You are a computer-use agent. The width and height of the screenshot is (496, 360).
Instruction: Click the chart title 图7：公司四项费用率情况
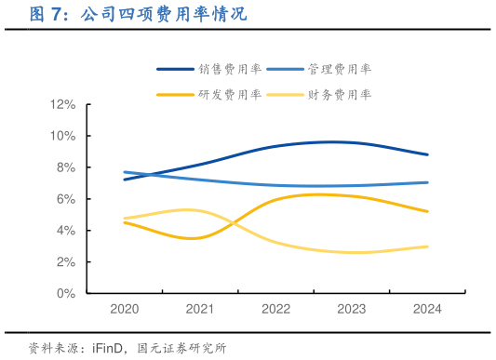(139, 16)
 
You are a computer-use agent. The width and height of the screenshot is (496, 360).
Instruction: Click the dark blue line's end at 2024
(427, 154)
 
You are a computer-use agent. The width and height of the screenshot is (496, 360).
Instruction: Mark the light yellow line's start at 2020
(125, 219)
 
